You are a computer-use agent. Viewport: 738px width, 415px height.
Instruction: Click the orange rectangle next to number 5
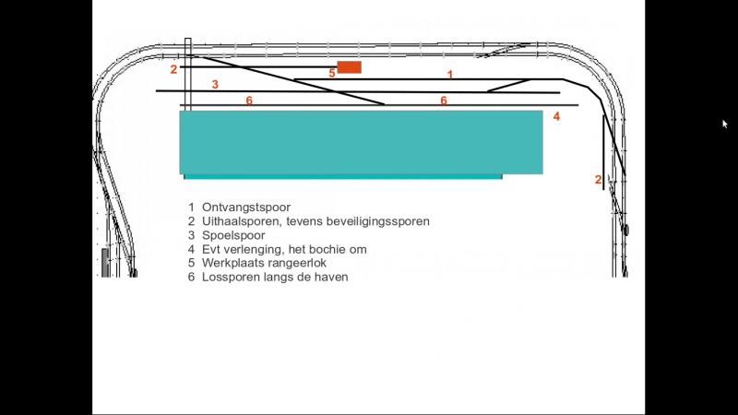[x=350, y=67]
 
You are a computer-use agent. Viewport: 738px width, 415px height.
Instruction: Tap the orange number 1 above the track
[x=450, y=75]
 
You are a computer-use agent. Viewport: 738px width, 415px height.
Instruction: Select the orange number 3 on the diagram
[x=215, y=84]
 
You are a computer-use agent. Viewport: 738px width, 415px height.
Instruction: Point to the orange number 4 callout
[x=556, y=116]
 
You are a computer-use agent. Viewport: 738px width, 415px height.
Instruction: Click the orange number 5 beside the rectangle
[x=332, y=73]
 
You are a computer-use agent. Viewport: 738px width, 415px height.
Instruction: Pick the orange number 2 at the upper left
[x=173, y=69]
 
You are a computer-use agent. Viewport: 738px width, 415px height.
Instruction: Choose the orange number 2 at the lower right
[x=598, y=179]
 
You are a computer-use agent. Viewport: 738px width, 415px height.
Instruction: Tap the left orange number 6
[x=249, y=101]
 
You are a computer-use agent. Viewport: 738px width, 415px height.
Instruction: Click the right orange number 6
[x=444, y=101]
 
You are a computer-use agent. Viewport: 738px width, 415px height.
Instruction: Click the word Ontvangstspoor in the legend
[x=246, y=207]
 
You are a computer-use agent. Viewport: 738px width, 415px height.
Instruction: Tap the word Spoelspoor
[x=233, y=235]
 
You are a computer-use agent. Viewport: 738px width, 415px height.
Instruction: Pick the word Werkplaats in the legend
[x=232, y=263]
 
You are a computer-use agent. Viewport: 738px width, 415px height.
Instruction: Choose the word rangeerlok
[x=295, y=263]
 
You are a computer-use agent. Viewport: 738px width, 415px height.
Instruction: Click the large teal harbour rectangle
[x=361, y=143]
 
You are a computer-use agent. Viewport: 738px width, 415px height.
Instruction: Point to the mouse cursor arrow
[x=725, y=124]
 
